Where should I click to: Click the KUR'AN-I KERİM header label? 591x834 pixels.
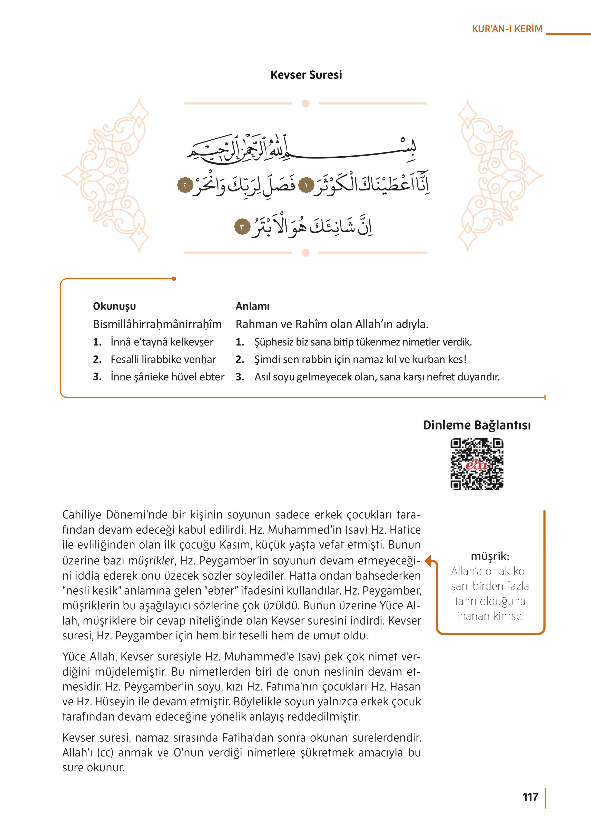(x=507, y=29)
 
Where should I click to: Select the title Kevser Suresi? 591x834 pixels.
(x=306, y=75)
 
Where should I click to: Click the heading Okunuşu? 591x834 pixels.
(x=114, y=306)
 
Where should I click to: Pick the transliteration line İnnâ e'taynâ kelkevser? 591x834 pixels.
(x=162, y=342)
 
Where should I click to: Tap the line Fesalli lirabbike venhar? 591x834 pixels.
(x=163, y=359)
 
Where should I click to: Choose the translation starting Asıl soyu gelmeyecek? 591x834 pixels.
(x=377, y=377)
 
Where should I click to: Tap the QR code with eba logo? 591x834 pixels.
(x=477, y=464)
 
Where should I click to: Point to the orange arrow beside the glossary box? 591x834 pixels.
(x=430, y=561)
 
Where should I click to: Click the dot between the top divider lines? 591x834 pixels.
(x=306, y=103)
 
